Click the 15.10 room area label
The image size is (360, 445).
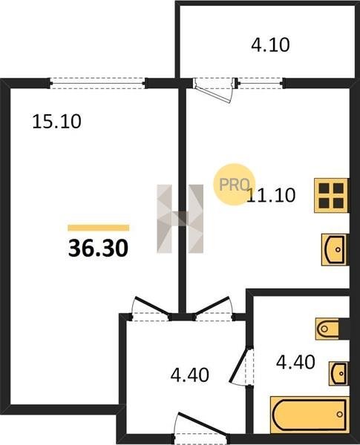[x=57, y=122]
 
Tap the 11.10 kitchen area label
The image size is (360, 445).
[x=271, y=195]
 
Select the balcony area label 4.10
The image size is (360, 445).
[x=270, y=44]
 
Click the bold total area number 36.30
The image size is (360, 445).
[x=98, y=248]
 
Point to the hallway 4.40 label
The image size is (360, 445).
[x=190, y=375]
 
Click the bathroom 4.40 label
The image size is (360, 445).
[x=295, y=362]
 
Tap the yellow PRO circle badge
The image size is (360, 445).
[x=234, y=184]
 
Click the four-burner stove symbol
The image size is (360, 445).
[x=331, y=196]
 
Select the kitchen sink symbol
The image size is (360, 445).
[x=335, y=250]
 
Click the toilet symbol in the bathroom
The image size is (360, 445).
[x=327, y=329]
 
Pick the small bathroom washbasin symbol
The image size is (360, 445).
[x=338, y=374]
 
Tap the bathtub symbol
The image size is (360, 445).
[x=310, y=415]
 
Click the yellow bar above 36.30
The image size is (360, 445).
[x=98, y=228]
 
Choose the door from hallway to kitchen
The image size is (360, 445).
[x=213, y=309]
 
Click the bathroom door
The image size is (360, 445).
[x=241, y=366]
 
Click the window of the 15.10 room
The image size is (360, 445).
[x=98, y=83]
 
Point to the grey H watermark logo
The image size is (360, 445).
[x=180, y=219]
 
